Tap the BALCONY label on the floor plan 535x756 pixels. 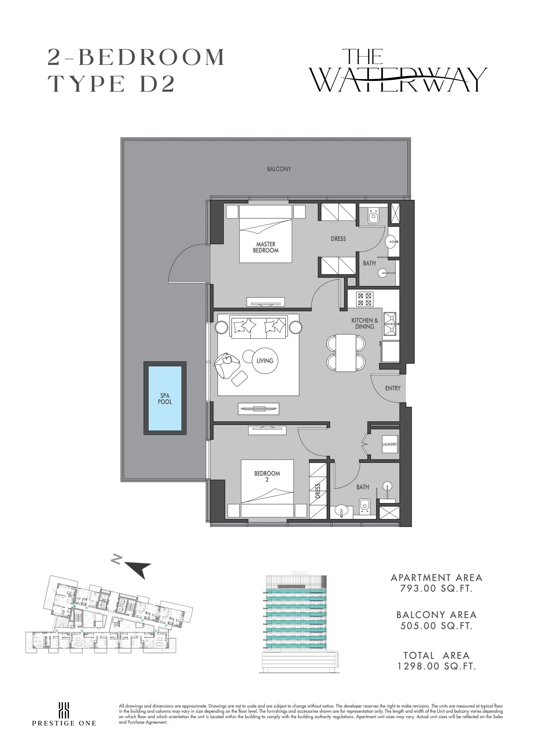[x=279, y=169]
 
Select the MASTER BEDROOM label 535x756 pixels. [x=266, y=247]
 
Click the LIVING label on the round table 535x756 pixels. [x=265, y=361]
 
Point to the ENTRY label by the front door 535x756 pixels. [x=393, y=388]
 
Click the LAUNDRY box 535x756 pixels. [x=390, y=444]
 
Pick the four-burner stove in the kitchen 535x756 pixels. [x=365, y=299]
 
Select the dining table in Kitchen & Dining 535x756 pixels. [x=346, y=353]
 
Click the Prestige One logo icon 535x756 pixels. [x=64, y=709]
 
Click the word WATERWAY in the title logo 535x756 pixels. [x=399, y=80]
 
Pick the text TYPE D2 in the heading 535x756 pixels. [x=111, y=84]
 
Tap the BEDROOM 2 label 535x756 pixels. [x=267, y=476]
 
